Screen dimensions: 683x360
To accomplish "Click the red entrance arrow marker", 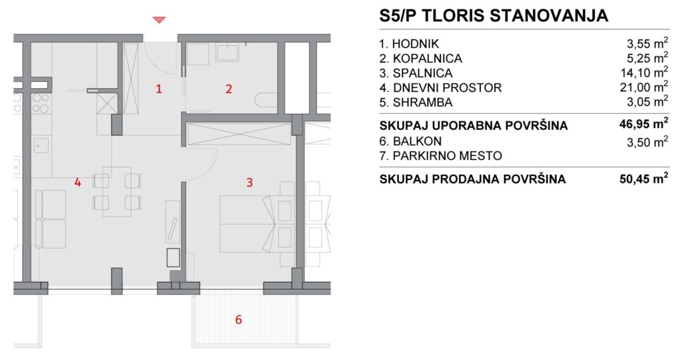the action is (x=159, y=19).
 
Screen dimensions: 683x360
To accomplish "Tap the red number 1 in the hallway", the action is (x=159, y=89).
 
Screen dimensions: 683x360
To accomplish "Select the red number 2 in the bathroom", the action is (x=229, y=89).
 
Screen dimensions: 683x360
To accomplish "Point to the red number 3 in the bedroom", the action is (x=249, y=183).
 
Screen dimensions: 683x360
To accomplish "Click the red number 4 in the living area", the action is (x=77, y=183).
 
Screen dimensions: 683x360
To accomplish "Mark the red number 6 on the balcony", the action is (x=238, y=319).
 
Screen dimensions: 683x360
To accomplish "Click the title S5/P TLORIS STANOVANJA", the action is (x=494, y=16).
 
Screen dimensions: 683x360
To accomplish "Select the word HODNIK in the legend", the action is (x=416, y=44).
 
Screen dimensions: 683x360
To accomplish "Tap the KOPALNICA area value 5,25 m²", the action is (x=647, y=57).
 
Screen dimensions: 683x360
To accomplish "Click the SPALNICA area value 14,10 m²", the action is (x=644, y=72).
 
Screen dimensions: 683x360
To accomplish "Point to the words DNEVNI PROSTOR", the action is (x=448, y=88).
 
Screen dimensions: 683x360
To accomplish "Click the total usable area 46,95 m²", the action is (x=644, y=124).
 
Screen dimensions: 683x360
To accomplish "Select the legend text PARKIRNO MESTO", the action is (x=448, y=156).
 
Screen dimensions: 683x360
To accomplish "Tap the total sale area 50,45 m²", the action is (x=644, y=179).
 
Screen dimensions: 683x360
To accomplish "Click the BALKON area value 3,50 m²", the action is (x=647, y=141).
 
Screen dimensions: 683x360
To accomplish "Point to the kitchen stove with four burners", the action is (x=41, y=103).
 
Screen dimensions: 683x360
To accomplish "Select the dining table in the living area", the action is (x=117, y=191).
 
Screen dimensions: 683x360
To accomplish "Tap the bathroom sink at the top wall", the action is (x=227, y=52).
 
